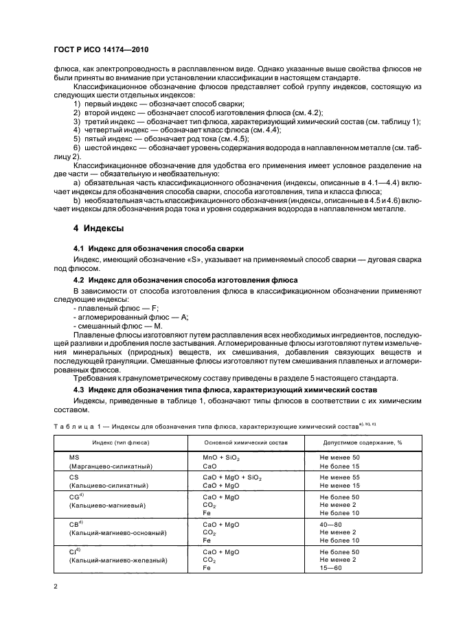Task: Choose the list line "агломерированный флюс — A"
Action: (130, 317)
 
